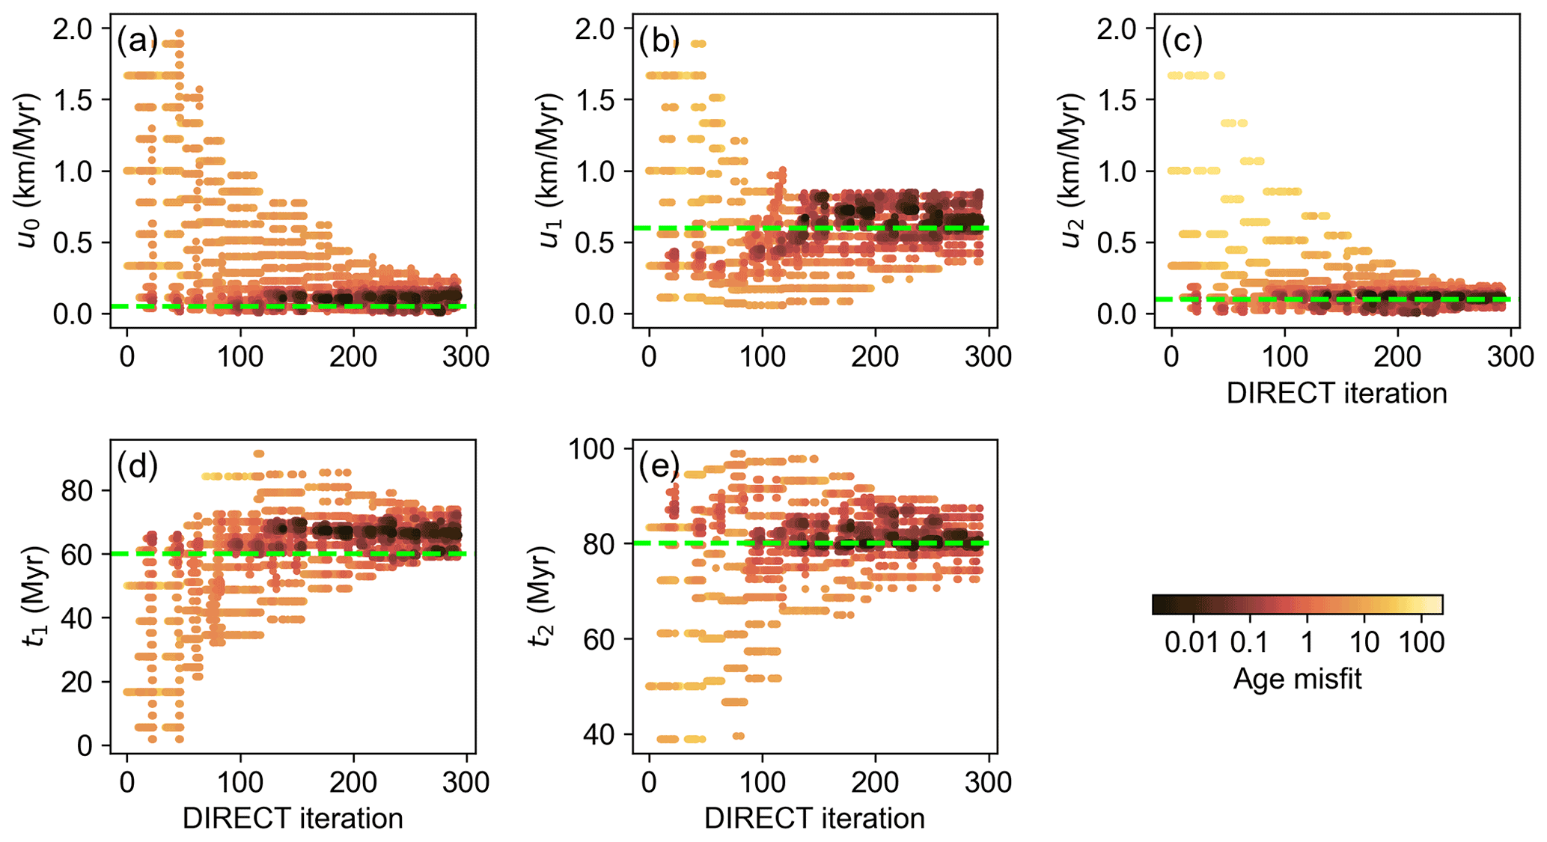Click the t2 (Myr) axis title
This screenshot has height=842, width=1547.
coord(542,597)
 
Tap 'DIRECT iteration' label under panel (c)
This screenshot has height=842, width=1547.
coord(1336,393)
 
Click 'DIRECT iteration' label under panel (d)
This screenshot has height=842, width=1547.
coord(293,818)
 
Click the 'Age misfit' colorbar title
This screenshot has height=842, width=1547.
coord(1297,679)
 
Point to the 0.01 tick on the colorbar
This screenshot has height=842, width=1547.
coord(1192,642)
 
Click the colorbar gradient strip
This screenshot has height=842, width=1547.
coord(1297,605)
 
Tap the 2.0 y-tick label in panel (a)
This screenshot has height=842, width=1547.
coord(73,29)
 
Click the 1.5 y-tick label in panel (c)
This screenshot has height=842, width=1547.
coord(1118,100)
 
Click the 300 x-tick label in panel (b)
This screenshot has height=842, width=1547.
coord(988,356)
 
